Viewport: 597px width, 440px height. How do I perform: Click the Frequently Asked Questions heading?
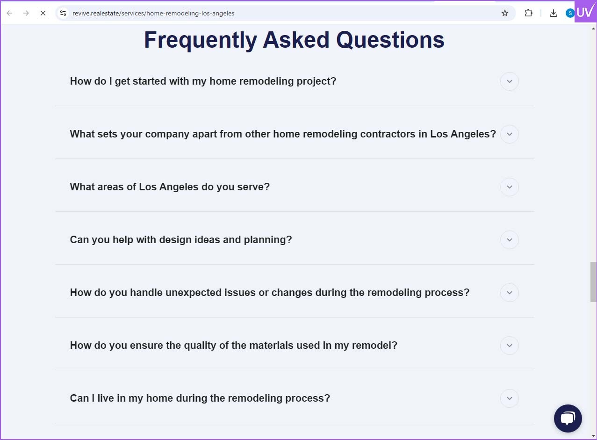294,40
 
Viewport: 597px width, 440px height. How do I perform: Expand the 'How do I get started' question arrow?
509,81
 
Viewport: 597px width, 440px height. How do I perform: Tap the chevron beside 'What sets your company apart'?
509,134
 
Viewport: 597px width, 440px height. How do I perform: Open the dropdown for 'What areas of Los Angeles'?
509,187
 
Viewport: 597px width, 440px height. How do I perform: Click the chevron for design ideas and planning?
509,239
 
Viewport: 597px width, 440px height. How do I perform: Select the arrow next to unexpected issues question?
509,292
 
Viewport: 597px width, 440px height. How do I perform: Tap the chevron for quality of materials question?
509,346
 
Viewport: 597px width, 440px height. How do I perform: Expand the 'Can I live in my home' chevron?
509,398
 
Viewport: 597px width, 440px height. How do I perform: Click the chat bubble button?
568,418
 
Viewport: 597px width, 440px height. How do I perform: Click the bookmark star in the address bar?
504,13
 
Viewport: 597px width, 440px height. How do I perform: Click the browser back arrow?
10,13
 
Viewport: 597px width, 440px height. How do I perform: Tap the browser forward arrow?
26,13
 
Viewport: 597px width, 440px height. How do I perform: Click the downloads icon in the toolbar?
554,13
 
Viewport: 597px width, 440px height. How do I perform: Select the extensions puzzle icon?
528,13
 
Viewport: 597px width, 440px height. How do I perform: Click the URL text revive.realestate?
96,13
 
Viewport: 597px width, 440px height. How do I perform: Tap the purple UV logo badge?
585,12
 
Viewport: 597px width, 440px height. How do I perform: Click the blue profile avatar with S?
570,13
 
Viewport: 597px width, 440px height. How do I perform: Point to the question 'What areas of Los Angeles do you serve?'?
170,187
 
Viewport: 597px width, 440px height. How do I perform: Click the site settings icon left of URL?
63,13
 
